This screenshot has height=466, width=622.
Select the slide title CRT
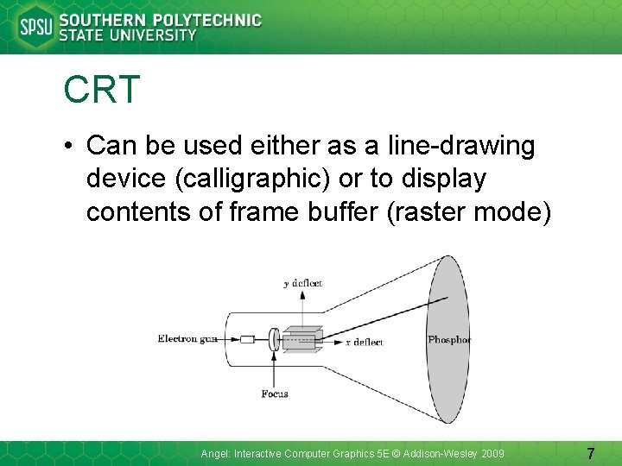(x=101, y=91)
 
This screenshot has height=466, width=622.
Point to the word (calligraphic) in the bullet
(x=229, y=179)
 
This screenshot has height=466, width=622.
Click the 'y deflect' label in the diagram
(x=302, y=282)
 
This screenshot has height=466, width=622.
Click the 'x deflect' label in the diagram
(x=364, y=343)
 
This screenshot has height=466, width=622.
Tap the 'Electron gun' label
(x=187, y=339)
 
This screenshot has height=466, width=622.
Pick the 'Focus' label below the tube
(x=274, y=394)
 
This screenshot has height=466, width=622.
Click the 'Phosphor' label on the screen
(x=449, y=339)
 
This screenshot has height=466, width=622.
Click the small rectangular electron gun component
(x=247, y=339)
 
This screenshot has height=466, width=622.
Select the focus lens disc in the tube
(x=274, y=339)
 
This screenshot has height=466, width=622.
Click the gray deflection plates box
(x=302, y=339)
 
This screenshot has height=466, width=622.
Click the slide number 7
(x=590, y=453)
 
